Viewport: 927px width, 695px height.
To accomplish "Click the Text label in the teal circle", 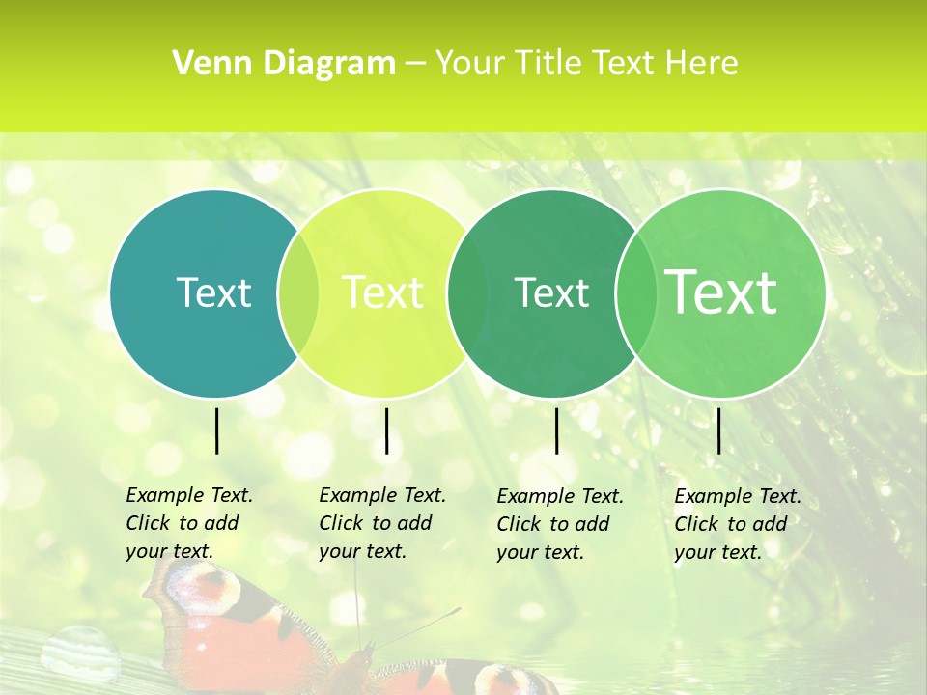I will point(213,292).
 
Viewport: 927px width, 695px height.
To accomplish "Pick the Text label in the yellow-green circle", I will point(382,292).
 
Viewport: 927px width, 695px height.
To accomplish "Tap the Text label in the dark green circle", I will point(551,292).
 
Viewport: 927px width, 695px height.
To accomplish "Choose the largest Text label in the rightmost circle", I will point(721,292).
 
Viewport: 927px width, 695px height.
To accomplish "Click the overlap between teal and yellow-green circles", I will point(298,292).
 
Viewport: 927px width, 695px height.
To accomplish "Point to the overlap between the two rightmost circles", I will point(633,292).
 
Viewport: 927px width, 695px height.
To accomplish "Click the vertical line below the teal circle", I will point(217,431).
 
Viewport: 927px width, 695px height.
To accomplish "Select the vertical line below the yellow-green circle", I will point(386,431).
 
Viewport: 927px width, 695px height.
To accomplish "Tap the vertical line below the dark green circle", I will point(556,431).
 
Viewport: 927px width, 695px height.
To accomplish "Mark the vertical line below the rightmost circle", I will point(718,431).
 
